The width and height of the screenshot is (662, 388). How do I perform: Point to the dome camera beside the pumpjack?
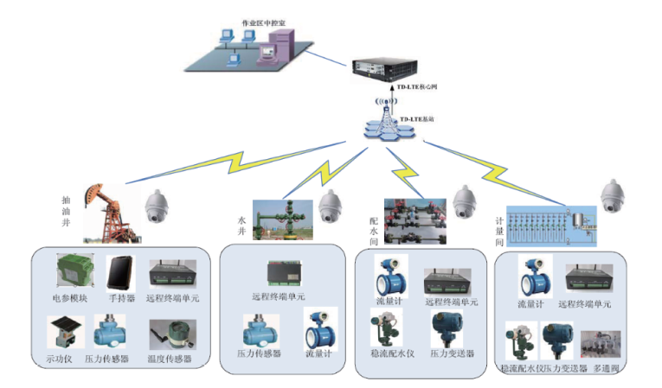tap(157, 206)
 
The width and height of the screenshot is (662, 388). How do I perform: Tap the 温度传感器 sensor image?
tap(169, 336)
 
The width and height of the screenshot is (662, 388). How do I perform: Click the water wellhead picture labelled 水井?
tap(281, 219)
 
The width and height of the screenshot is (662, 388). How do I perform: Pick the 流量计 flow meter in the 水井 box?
tap(315, 332)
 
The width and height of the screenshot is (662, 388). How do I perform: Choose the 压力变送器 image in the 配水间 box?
tap(447, 330)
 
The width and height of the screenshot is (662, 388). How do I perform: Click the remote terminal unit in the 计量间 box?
tap(588, 277)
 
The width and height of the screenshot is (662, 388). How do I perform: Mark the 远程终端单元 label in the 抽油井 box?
tap(174, 299)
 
